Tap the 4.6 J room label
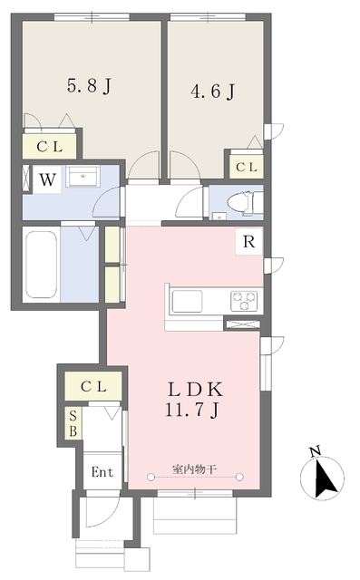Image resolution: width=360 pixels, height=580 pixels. (213, 92)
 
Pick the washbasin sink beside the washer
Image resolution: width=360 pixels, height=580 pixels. (88, 178)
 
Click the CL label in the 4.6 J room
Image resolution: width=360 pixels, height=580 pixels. (246, 167)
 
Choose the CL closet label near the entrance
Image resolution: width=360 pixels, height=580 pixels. (93, 385)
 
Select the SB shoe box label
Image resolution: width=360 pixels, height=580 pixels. (73, 423)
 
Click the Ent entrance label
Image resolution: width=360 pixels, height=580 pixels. (101, 472)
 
